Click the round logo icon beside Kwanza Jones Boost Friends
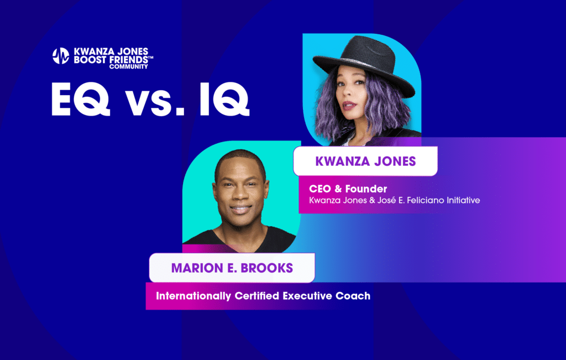[61, 56]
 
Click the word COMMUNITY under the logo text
[128, 66]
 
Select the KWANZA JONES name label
[365, 161]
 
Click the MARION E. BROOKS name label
[232, 268]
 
